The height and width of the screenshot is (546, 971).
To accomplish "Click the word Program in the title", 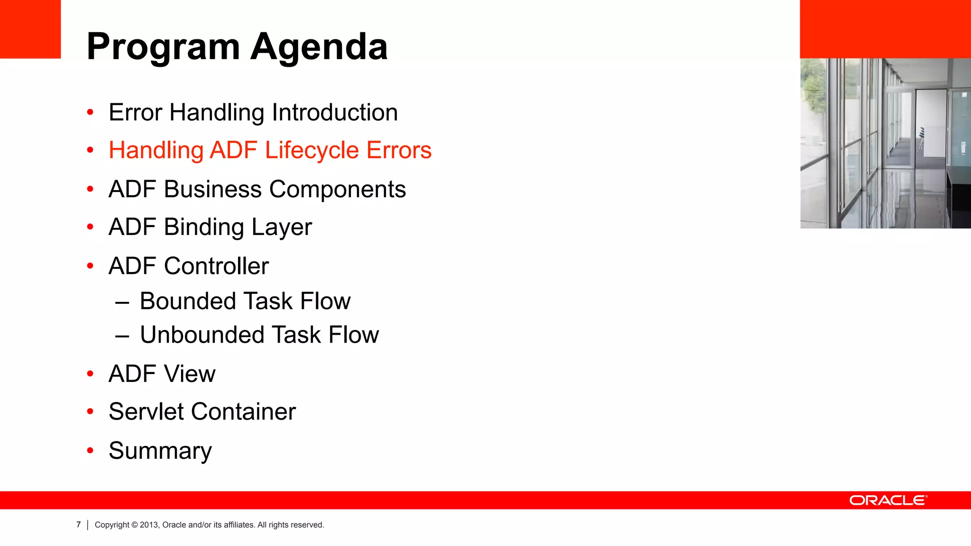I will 164,47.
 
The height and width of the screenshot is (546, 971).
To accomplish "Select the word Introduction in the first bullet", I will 335,113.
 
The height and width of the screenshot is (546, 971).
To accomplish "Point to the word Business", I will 213,190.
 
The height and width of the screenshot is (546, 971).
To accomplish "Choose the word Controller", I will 216,266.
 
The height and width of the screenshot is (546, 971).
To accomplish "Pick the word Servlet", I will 146,411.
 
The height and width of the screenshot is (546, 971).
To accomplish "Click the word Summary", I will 160,451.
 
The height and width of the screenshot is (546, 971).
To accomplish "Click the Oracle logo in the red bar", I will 888,500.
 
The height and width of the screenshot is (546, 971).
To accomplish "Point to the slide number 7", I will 79,525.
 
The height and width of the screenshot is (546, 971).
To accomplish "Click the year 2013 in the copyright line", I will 149,525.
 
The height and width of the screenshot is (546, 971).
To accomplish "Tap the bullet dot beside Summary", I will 90,450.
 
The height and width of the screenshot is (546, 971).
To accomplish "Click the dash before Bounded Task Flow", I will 122,302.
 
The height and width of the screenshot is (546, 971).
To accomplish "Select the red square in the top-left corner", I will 30,29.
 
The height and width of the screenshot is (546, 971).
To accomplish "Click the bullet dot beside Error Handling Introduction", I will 90,112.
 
